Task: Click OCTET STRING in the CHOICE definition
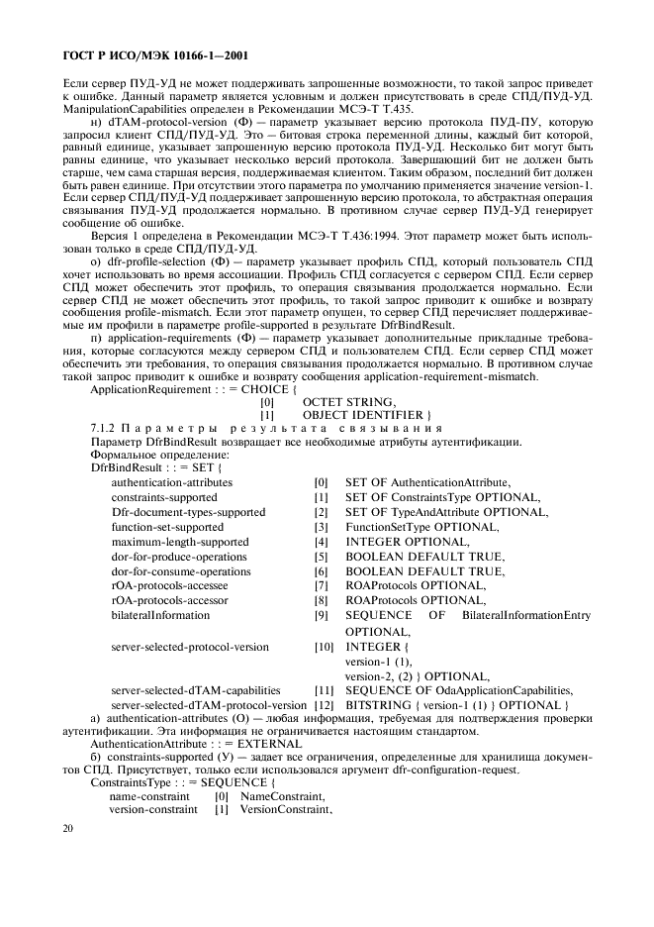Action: point(350,401)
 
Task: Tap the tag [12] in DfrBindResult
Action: point(323,704)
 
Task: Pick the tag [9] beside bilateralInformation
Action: point(321,616)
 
